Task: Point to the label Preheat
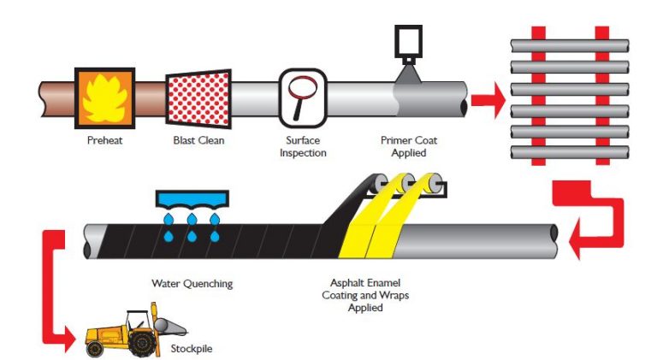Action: pyautogui.click(x=104, y=139)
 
